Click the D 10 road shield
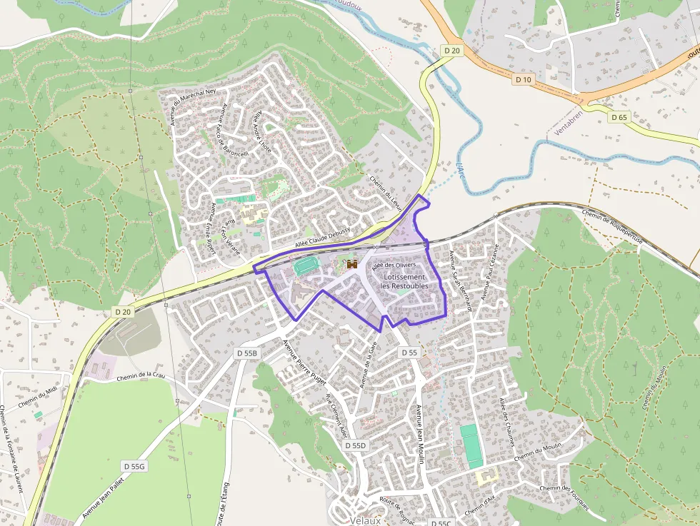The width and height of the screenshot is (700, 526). [524, 79]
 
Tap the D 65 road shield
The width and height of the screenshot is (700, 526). [619, 116]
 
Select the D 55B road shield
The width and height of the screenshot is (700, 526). [246, 353]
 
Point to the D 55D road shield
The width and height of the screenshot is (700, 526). [355, 445]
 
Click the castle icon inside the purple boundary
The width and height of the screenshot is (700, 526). [351, 264]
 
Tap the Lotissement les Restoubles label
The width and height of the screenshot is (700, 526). [404, 281]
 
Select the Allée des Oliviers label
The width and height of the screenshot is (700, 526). [393, 265]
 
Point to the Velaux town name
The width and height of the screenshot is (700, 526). [366, 521]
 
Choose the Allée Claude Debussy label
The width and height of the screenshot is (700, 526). [321, 240]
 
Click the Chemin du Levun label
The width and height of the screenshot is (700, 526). [386, 192]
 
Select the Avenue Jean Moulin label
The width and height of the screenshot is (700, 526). [421, 435]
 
